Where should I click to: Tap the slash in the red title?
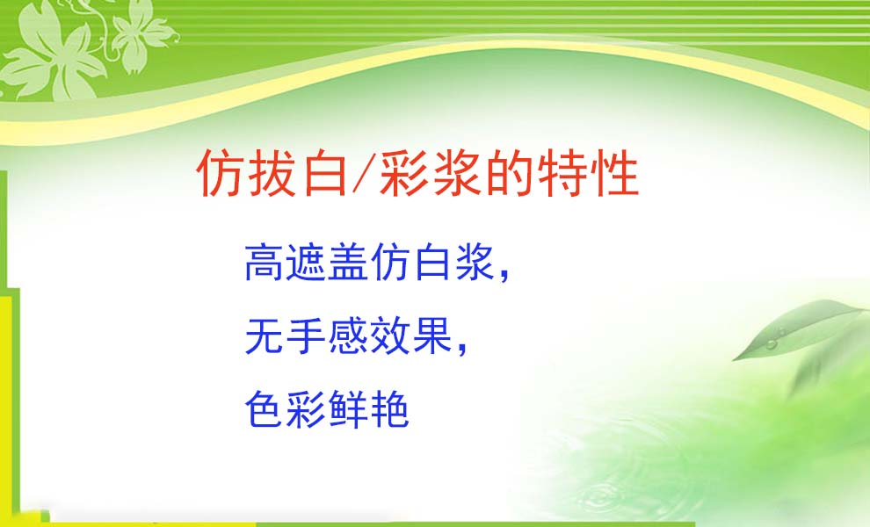[362, 172]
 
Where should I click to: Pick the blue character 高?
[265, 262]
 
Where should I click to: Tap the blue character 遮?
[307, 262]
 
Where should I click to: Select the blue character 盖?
[349, 262]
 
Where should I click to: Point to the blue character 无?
[265, 336]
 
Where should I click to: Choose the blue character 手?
[307, 336]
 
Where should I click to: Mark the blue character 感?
[349, 336]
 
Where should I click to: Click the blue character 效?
[390, 336]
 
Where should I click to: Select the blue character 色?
[265, 408]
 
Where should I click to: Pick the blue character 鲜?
[349, 408]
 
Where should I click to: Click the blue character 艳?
[390, 408]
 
